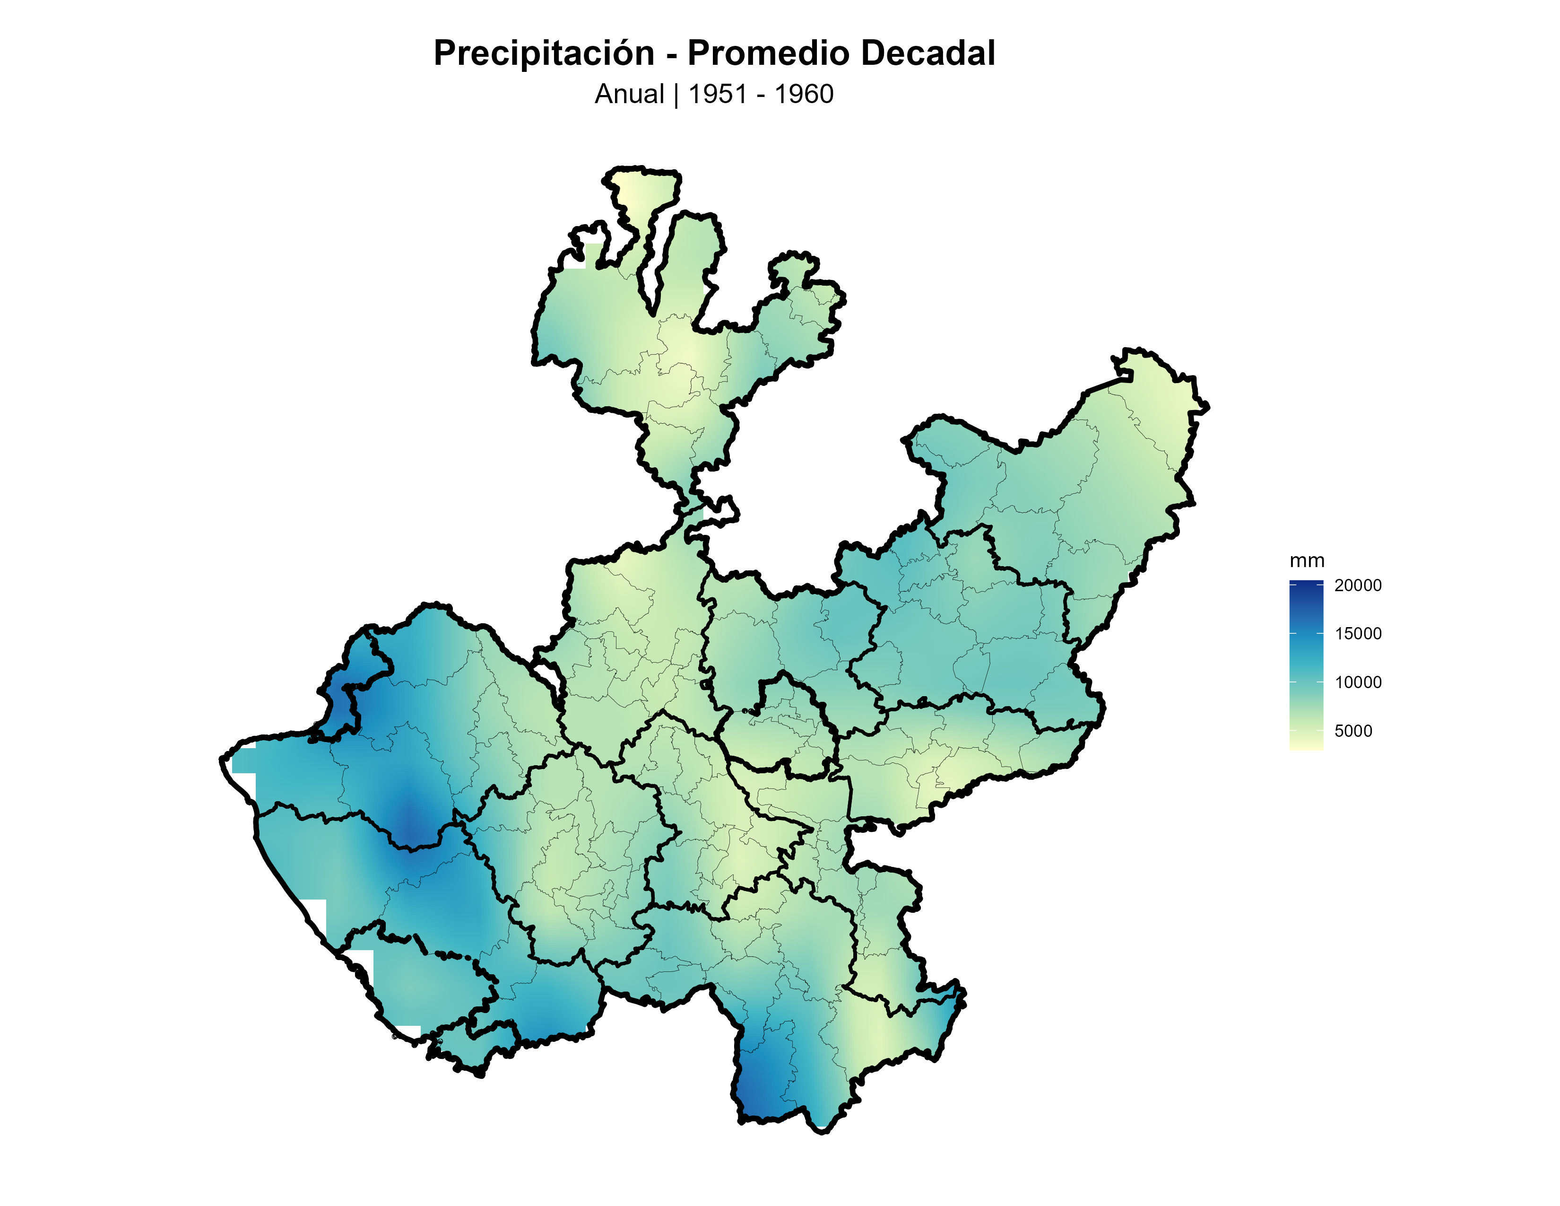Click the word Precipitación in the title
(x=544, y=53)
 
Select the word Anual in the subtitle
(x=629, y=94)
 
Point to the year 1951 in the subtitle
(x=717, y=94)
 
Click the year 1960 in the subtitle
(x=804, y=94)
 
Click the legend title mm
(x=1307, y=561)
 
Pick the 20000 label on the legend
(x=1357, y=585)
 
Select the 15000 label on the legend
(x=1357, y=634)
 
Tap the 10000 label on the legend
(x=1357, y=682)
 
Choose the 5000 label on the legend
(x=1353, y=731)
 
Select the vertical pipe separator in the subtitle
(x=676, y=94)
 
